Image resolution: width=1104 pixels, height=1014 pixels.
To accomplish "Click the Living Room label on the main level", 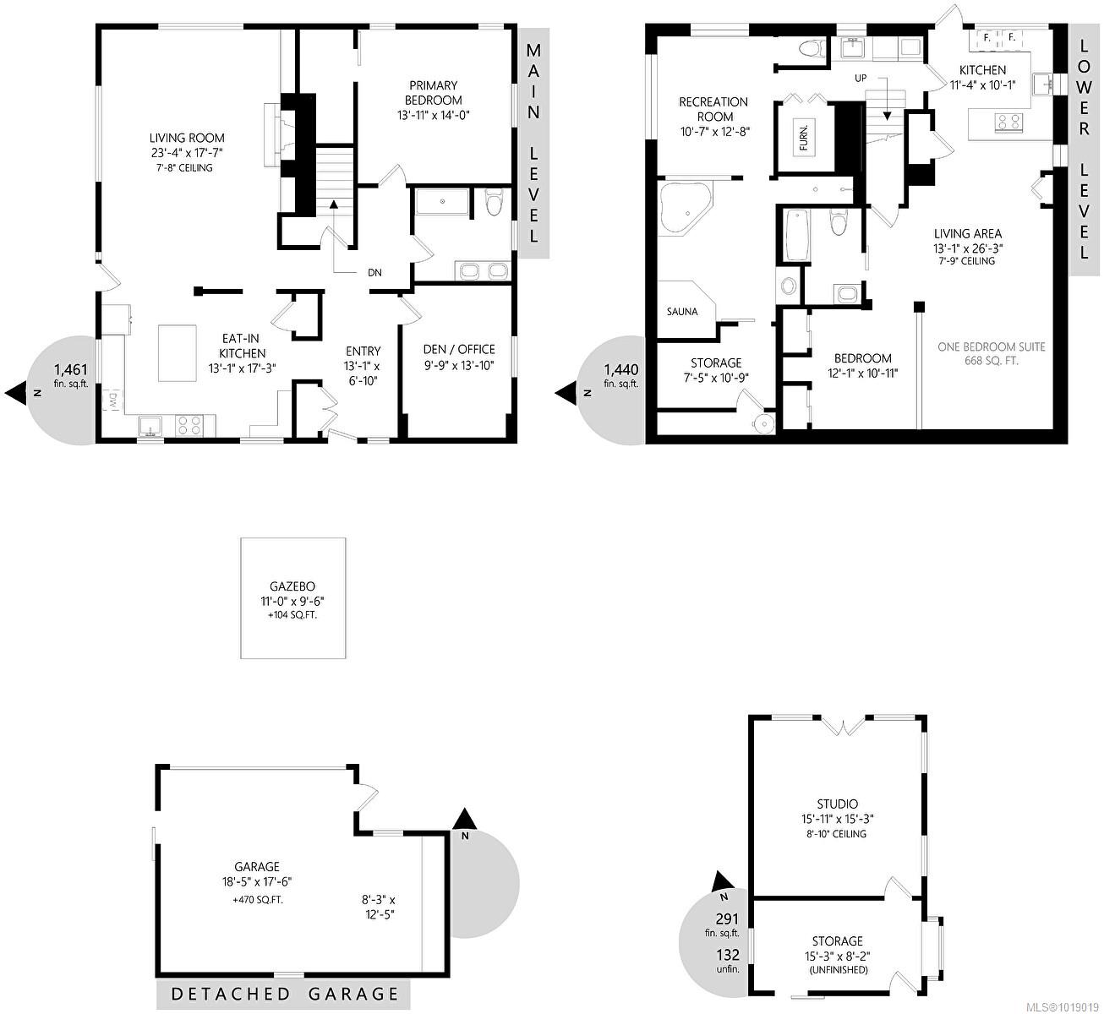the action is [187, 138].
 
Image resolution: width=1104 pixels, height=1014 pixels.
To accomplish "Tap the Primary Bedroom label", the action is [433, 92].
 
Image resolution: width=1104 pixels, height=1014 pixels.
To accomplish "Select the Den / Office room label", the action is [459, 349].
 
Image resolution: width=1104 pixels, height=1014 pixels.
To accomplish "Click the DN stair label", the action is [374, 272].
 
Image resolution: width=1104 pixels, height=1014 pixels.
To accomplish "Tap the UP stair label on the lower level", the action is [861, 78].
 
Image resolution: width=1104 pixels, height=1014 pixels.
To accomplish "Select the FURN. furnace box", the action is [805, 138].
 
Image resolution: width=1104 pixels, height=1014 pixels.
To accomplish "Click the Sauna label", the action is [682, 312].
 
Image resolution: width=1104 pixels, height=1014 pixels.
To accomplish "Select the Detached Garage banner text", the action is [285, 995].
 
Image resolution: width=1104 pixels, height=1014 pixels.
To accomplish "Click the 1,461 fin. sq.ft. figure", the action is [71, 375].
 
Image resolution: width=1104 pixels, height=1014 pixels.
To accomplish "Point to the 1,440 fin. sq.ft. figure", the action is [620, 375].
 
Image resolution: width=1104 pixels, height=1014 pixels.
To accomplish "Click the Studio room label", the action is [837, 804].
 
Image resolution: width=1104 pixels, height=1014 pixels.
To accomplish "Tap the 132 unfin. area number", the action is [728, 961].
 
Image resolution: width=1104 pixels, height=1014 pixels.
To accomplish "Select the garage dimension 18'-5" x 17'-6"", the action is [254, 882].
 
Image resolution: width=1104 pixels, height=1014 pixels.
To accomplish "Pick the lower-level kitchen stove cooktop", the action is [1008, 122].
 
